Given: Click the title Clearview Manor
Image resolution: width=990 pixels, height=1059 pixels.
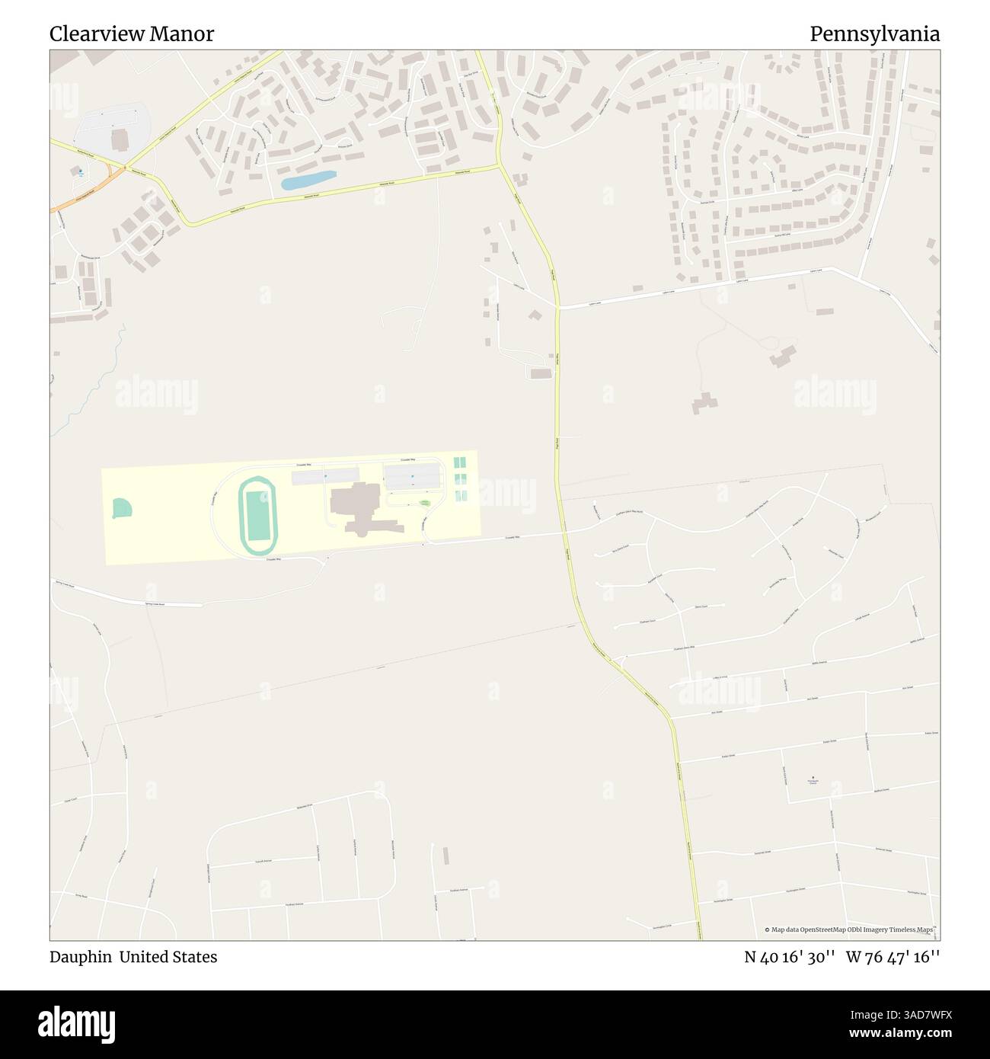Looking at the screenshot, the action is tap(132, 34).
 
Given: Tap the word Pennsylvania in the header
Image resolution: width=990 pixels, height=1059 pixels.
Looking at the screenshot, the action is tap(874, 34).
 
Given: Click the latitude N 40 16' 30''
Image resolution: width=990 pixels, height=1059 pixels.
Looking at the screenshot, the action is tap(790, 957).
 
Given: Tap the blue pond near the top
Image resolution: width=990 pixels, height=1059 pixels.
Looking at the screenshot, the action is tap(308, 181).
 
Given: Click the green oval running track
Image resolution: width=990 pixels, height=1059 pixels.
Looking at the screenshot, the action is tap(258, 516).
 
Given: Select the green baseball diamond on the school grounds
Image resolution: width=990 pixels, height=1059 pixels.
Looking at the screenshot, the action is tap(122, 508).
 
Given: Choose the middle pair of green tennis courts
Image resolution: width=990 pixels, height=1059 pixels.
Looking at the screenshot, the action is tap(460, 479).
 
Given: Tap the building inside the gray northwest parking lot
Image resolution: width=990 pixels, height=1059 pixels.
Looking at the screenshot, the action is tap(120, 139).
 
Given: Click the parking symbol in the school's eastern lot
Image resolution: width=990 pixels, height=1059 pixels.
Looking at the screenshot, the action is tap(412, 478).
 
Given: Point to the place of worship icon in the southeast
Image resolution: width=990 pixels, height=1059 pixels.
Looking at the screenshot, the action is tap(813, 778).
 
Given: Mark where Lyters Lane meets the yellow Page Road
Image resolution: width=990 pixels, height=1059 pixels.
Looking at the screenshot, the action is tap(558, 307).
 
